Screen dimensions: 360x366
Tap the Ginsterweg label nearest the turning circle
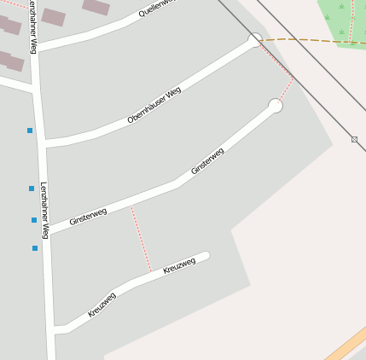pos(207,161)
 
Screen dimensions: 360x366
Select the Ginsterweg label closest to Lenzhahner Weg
pos(88,216)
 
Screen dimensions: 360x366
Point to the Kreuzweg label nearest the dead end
pos(179,266)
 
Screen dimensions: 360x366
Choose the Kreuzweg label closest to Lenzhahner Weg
pos(102,305)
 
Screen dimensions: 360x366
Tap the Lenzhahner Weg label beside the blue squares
pos(44,210)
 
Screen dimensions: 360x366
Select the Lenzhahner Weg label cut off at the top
pos(32,26)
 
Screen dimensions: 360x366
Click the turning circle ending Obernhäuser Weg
pos(255,39)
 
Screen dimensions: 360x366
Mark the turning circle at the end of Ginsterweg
pos(275,106)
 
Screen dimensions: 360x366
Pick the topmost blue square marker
pos(30,131)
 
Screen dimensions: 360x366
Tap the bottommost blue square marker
pos(35,248)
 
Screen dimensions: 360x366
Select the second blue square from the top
pos(32,189)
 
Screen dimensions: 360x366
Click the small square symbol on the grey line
pos(354,139)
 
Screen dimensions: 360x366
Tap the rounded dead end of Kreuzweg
pos(205,255)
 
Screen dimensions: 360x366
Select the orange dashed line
pos(316,40)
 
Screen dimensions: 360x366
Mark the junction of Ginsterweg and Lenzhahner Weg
pos(48,230)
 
